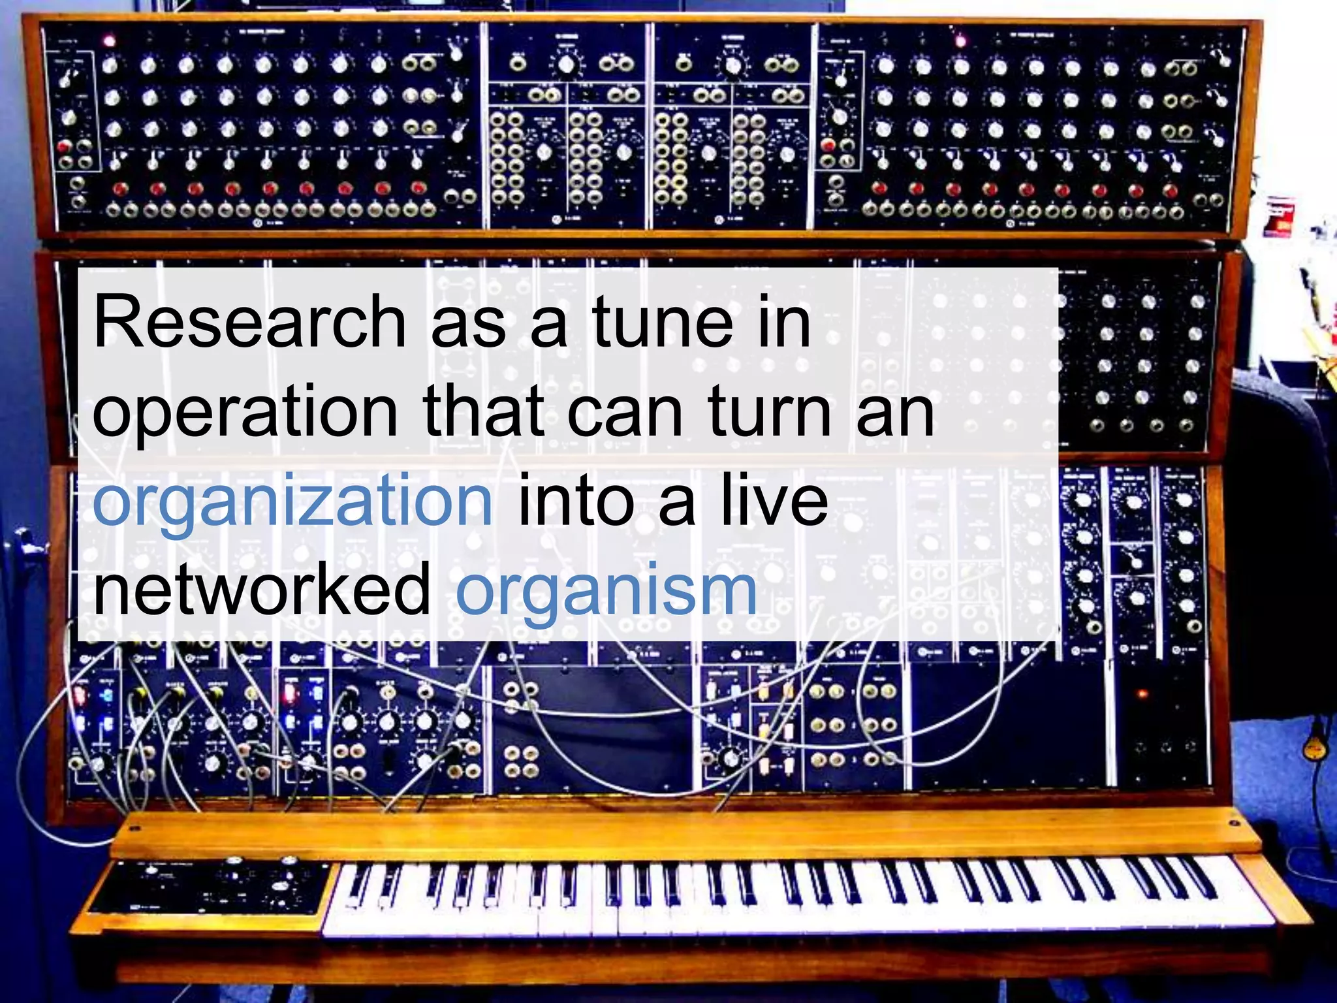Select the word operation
245,413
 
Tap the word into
575,501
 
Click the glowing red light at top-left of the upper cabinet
109,40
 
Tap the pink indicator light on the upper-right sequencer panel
960,41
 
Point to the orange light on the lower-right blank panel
1142,693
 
